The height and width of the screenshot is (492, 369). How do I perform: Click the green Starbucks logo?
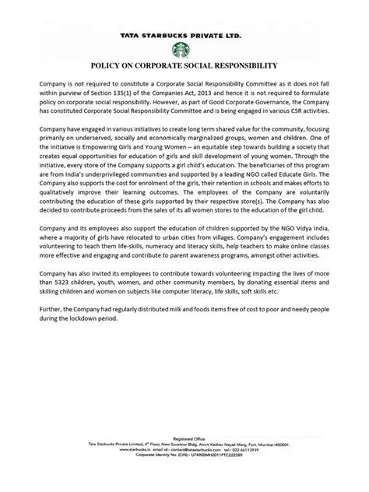coord(184,49)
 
